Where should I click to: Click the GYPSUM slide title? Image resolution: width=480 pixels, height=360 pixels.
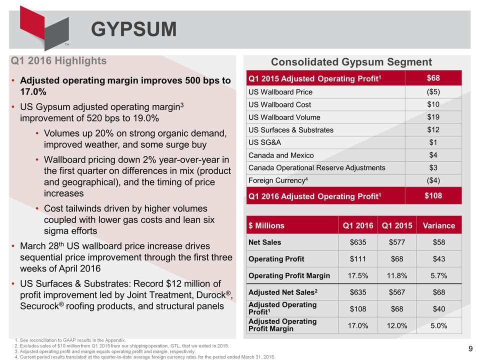click(x=133, y=29)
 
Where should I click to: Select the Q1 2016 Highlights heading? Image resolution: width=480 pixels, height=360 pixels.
click(x=59, y=61)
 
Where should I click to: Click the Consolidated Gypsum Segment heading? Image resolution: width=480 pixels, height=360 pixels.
click(x=351, y=62)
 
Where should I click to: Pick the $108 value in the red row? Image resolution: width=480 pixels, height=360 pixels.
click(x=433, y=195)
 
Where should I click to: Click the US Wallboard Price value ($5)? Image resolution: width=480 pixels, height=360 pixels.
click(x=433, y=92)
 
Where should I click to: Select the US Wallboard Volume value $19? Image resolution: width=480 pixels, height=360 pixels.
click(x=433, y=117)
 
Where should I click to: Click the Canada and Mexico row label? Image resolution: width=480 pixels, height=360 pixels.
click(x=281, y=155)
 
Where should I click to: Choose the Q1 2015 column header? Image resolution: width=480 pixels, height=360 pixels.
click(x=397, y=225)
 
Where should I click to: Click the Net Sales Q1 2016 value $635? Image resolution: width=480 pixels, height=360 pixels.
click(x=358, y=242)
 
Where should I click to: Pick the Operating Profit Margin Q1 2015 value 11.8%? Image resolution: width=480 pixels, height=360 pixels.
click(x=397, y=275)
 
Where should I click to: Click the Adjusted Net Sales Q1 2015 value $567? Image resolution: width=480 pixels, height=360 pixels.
click(x=397, y=292)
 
